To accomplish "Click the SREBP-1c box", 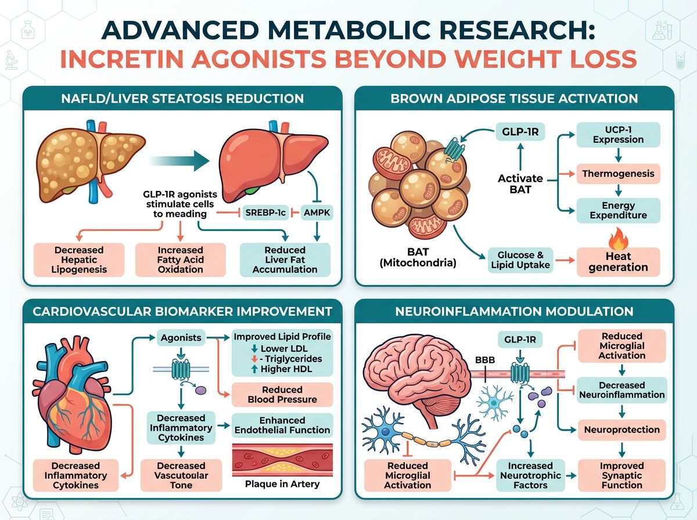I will [x=265, y=213].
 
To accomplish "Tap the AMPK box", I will [x=317, y=213].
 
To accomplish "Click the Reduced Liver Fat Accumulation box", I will [x=285, y=259].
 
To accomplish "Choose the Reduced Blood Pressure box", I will [x=282, y=395].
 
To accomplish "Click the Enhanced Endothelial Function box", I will [x=282, y=425].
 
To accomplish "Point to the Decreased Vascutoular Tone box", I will [x=181, y=475].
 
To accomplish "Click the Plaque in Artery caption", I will [x=282, y=484].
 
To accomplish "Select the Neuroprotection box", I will [x=621, y=430].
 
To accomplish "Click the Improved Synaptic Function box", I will [x=621, y=475].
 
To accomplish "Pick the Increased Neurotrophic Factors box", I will [x=530, y=475].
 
